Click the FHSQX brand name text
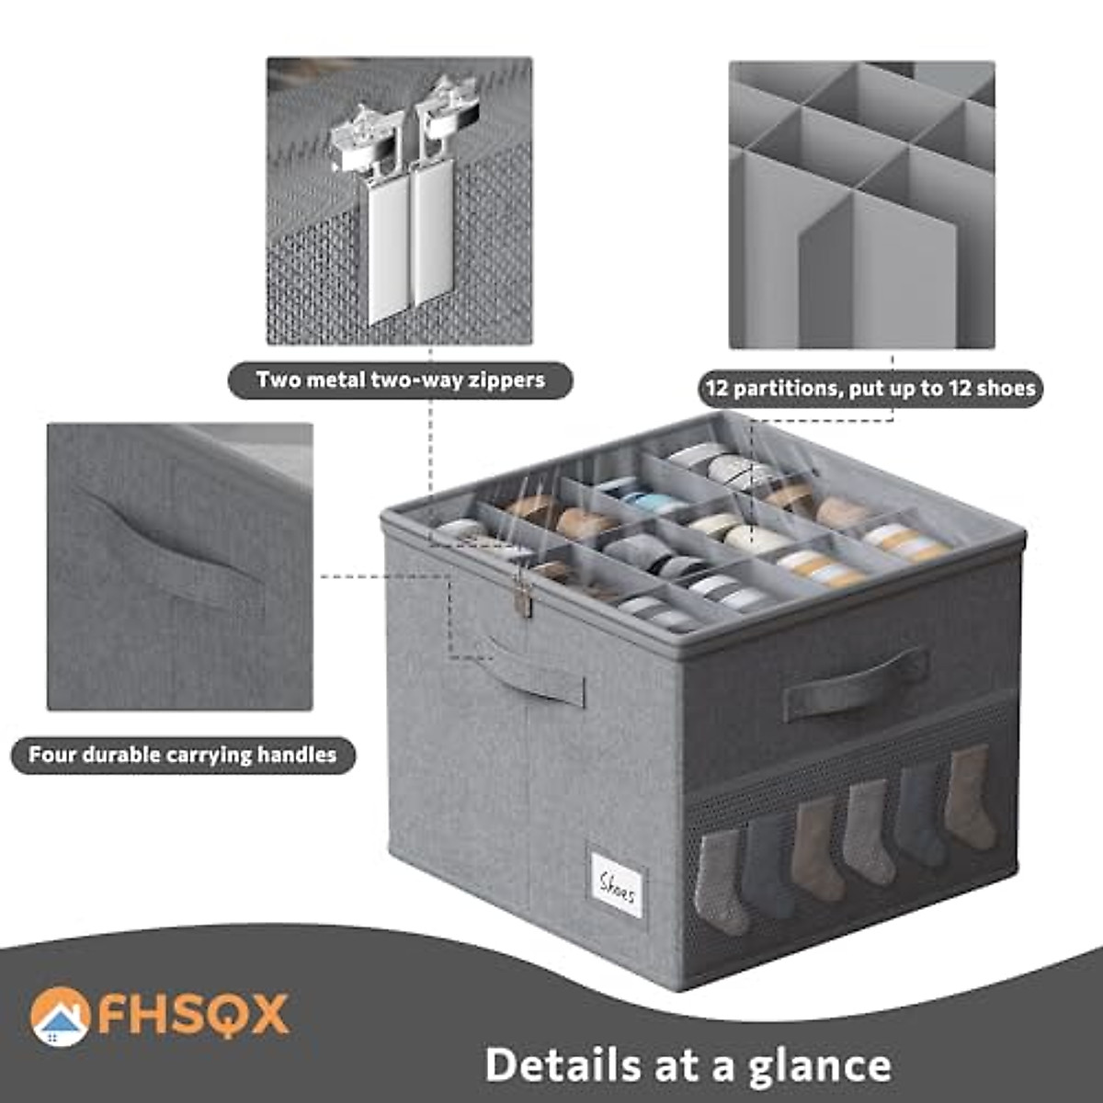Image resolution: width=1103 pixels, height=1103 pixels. pos(193,1014)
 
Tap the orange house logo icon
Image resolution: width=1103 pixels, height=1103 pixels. pos(60,1016)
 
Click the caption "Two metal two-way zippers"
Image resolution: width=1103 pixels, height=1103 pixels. pos(400,380)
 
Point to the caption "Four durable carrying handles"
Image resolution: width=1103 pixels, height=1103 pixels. pos(182,756)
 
